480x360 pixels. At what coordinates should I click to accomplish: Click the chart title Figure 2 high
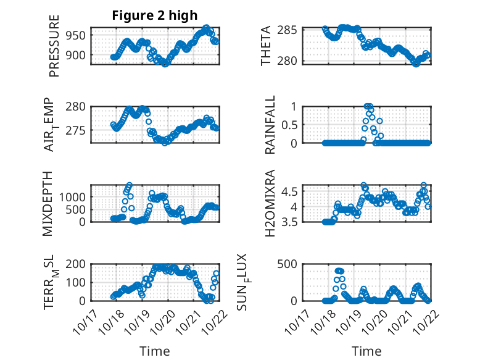pos(155,15)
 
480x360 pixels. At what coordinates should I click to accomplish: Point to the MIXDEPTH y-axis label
pos(48,204)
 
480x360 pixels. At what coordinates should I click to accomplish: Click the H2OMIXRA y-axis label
pos(270,203)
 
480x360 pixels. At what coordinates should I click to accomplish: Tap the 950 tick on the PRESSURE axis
pos(77,35)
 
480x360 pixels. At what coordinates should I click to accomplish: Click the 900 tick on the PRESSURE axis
pos(77,56)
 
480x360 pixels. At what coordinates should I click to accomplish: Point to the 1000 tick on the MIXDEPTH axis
pos(75,196)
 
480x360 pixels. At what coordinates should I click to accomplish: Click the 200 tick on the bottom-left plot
pos(77,264)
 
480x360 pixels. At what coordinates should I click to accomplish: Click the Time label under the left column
pos(155,351)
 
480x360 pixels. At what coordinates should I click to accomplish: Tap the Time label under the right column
pos(366,351)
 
